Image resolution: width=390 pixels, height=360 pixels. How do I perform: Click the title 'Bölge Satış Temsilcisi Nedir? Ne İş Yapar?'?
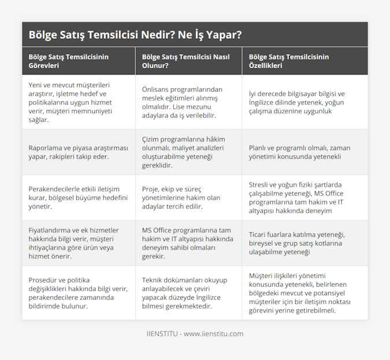tap(135, 35)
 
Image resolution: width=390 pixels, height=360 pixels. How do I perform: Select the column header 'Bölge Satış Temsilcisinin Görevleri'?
tap(69, 61)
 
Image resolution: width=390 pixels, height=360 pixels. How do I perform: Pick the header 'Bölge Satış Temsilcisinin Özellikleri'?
tap(289, 61)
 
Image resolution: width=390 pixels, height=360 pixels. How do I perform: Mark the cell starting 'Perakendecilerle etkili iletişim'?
tap(73, 198)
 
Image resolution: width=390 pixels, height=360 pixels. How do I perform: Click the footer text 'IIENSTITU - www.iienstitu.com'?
tap(195, 334)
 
